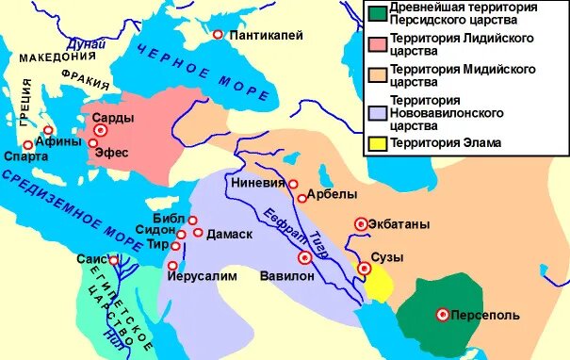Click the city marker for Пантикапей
point(219,35)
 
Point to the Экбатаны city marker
point(360,223)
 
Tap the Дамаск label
point(229,233)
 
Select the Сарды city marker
point(100,130)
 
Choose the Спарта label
point(24,157)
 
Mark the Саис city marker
point(113,261)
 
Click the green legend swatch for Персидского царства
point(377,14)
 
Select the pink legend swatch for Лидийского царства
point(377,43)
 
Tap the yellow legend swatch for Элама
point(377,143)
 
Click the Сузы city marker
point(365,270)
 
